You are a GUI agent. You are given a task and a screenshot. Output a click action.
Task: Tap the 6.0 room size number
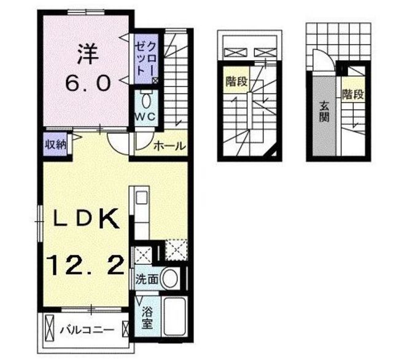[x=88, y=84]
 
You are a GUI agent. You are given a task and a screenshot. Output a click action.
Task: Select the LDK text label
[x=86, y=218]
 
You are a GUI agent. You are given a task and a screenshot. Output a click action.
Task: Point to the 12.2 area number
[x=85, y=265]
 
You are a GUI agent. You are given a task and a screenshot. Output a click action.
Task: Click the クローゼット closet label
[x=146, y=58]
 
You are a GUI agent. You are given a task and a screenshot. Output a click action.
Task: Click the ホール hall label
[x=169, y=146]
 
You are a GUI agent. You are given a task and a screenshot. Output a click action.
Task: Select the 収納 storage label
[x=56, y=144]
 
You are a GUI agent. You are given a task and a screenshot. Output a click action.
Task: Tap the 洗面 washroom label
[x=147, y=279]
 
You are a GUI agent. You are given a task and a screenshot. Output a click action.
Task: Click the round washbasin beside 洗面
[x=171, y=278]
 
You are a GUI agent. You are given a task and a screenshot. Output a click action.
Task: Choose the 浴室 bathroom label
[x=147, y=318]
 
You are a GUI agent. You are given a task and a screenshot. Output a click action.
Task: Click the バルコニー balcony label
[x=87, y=329]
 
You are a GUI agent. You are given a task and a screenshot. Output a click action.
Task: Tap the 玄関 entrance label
[x=324, y=112]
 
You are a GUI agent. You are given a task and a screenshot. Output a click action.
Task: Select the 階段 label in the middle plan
[x=236, y=81]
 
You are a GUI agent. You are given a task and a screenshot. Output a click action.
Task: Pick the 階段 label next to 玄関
[x=353, y=94]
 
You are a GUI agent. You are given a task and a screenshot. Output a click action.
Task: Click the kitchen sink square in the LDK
[x=142, y=197]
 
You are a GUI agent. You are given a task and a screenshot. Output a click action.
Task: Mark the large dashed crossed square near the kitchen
[x=176, y=250]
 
